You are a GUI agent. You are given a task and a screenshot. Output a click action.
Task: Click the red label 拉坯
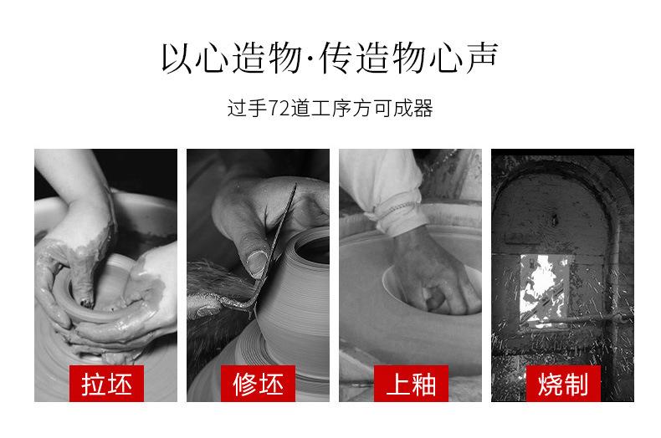[106, 383]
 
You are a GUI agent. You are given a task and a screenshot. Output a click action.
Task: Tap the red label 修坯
[258, 383]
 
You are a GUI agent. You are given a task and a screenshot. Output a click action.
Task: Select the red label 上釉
[411, 383]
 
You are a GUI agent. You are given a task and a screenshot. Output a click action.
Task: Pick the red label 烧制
[563, 383]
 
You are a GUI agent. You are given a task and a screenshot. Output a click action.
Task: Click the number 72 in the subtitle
[279, 108]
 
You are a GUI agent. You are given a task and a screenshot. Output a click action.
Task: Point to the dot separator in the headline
[311, 59]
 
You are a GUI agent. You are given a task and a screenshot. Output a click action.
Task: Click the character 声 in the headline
[482, 58]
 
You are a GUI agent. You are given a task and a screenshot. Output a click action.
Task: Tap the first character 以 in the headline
[177, 58]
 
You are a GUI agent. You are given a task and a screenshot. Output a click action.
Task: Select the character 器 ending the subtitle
[423, 108]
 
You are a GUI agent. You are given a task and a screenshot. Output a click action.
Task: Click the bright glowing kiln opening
[545, 288]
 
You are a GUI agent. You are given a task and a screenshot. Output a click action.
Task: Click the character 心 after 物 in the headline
[447, 58]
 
